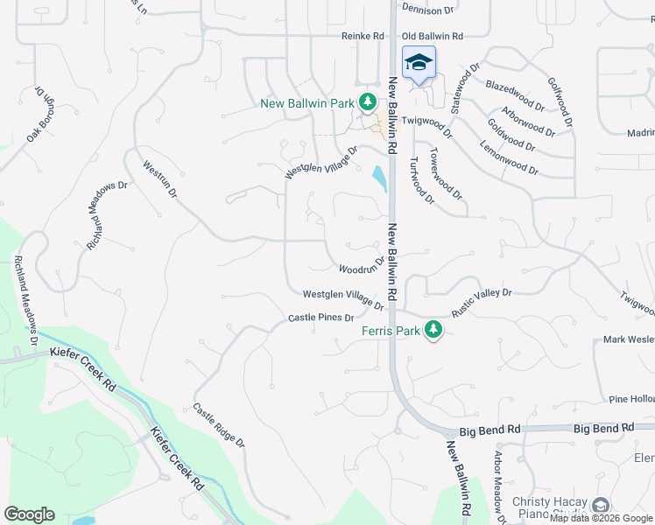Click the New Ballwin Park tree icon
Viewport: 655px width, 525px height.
(x=370, y=103)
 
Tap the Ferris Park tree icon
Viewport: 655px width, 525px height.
(x=432, y=330)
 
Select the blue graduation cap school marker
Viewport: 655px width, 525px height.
(x=419, y=63)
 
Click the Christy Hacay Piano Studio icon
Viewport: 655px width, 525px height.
(x=601, y=505)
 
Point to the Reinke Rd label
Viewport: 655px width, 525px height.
(x=363, y=37)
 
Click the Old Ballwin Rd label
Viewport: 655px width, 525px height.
(x=432, y=37)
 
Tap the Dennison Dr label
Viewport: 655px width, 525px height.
(x=428, y=10)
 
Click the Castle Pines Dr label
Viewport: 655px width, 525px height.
(x=320, y=318)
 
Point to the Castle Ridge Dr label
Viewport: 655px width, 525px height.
(x=219, y=425)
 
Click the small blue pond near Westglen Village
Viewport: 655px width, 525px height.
(x=379, y=178)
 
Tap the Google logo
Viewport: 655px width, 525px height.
(x=29, y=514)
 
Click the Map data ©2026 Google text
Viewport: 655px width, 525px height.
(x=602, y=519)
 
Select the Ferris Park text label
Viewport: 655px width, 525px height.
(x=391, y=331)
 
